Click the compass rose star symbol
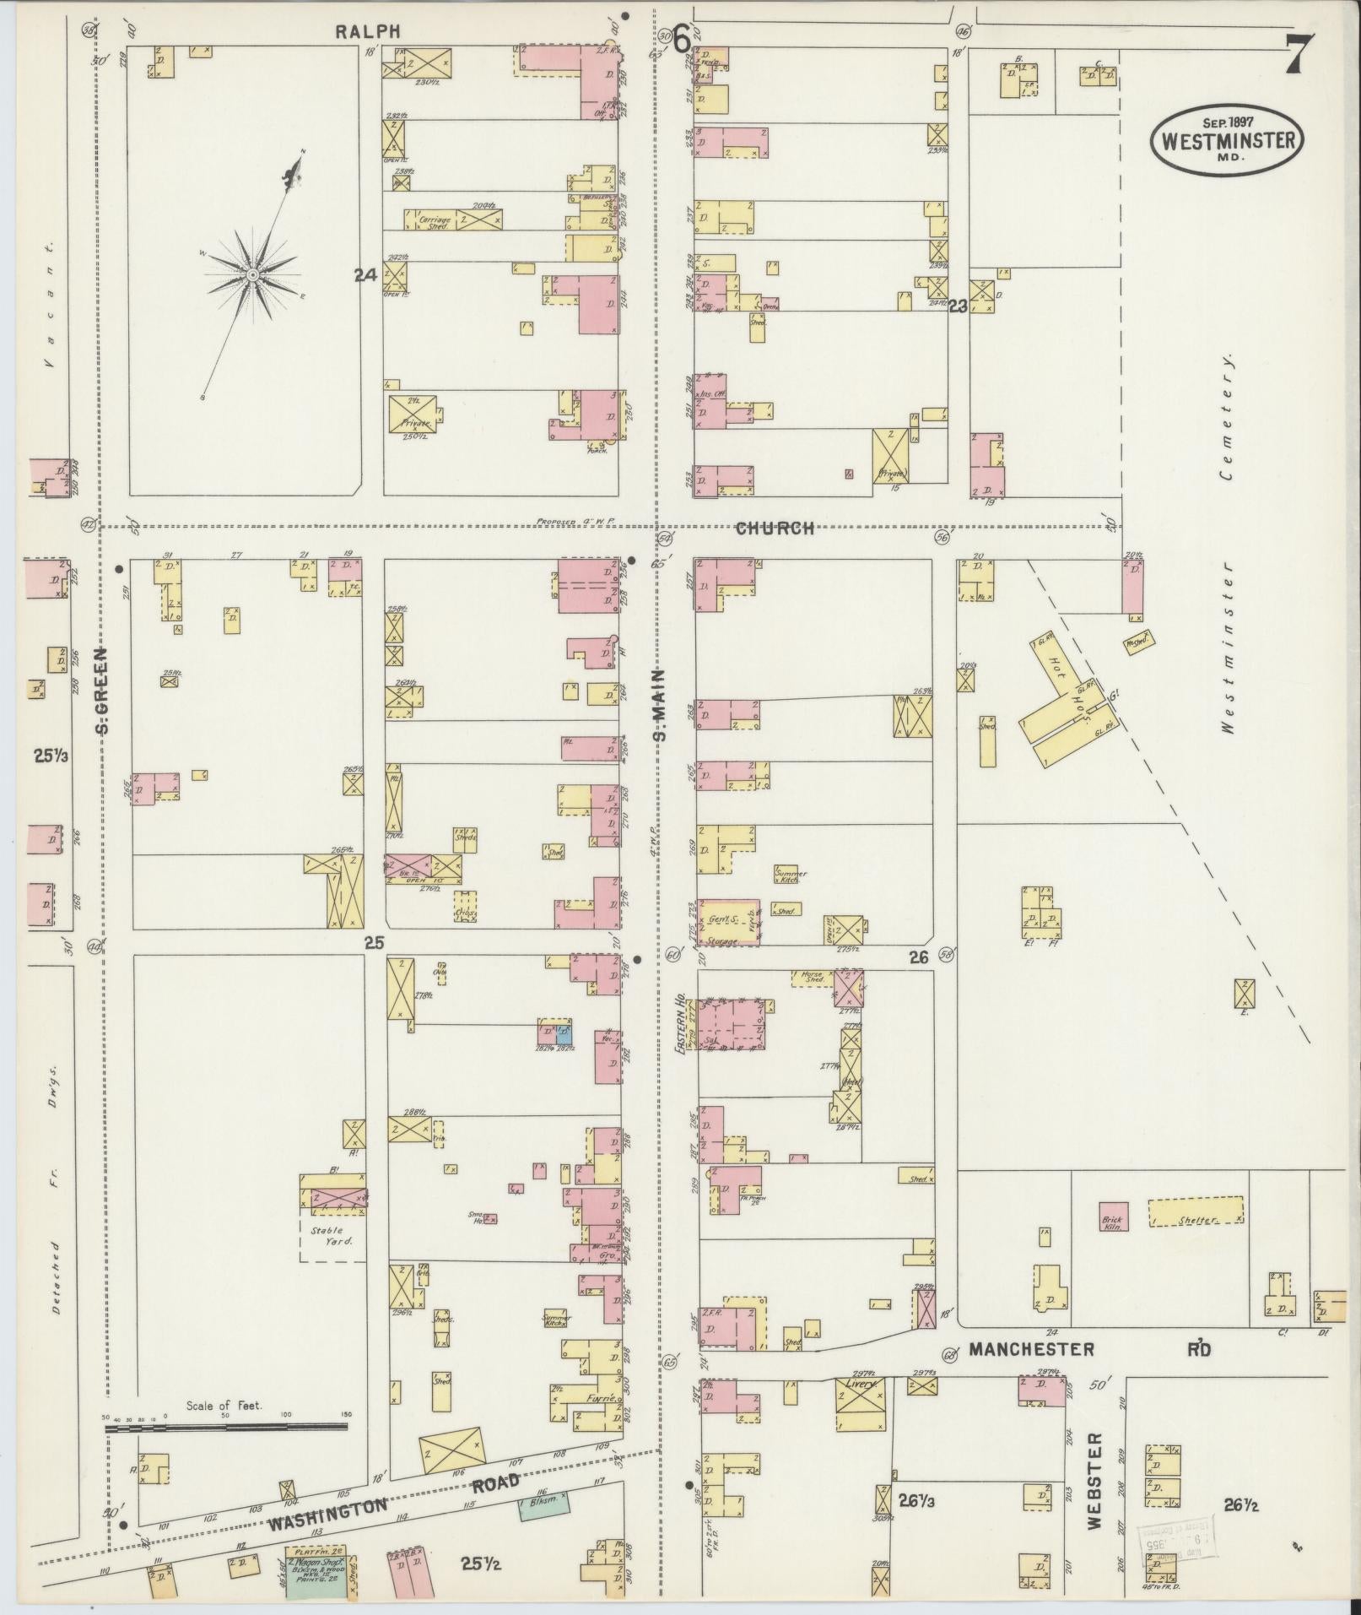(252, 275)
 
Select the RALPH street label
(366, 31)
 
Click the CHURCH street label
(775, 528)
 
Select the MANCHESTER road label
(1031, 1350)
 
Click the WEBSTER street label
(1095, 1479)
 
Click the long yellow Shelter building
(1196, 1211)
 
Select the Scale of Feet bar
(226, 1427)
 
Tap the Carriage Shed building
(435, 220)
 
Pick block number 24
(364, 274)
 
